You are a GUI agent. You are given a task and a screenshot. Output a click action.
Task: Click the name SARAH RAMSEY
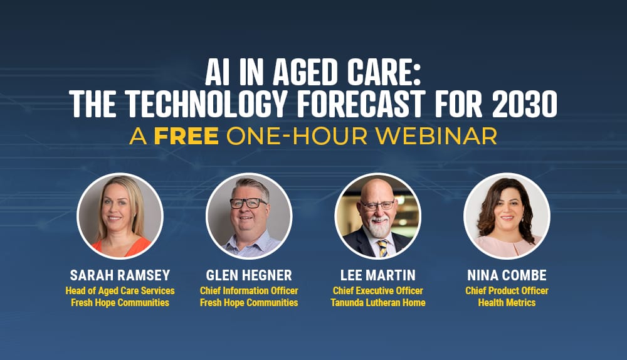(120, 276)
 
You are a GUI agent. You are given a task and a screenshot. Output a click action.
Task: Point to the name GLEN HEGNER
(249, 276)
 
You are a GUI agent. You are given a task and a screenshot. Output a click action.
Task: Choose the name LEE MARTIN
(377, 276)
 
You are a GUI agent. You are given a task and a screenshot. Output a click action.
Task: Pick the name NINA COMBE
(507, 276)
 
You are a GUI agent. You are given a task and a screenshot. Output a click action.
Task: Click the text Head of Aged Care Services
(120, 291)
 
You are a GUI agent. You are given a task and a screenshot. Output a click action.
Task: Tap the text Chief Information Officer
(249, 291)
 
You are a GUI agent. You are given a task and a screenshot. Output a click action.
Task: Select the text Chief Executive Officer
(377, 291)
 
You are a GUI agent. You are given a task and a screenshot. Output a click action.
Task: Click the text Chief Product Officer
(507, 291)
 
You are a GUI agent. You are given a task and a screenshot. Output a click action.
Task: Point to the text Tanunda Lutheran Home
(377, 303)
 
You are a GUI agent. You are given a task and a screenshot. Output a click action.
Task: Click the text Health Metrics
(507, 303)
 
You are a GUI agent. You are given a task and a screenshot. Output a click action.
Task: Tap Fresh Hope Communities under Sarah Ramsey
(120, 303)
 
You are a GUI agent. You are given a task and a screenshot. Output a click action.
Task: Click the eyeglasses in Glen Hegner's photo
(248, 203)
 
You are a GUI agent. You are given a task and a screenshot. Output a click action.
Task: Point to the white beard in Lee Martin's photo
(378, 227)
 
